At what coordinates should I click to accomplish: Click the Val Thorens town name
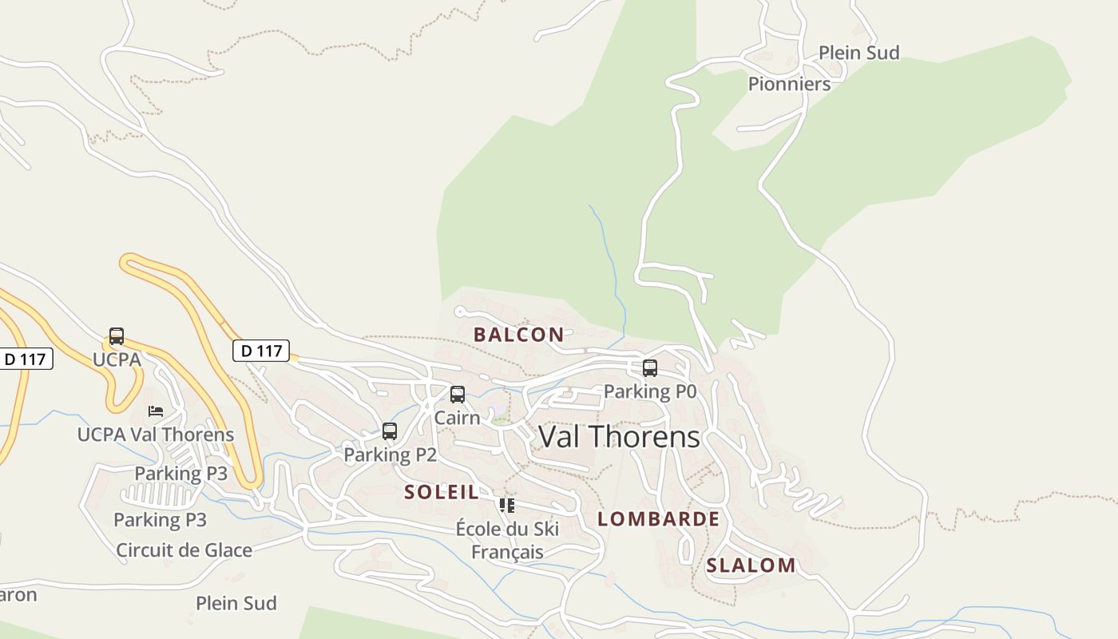click(619, 437)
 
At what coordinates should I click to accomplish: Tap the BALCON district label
click(518, 335)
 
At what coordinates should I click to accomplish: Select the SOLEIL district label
click(441, 492)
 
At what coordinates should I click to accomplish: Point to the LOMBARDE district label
click(658, 519)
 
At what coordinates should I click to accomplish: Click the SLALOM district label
click(751, 566)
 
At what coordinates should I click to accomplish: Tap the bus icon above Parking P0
click(650, 368)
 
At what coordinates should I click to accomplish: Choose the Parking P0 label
click(650, 391)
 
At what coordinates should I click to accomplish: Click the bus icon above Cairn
click(458, 395)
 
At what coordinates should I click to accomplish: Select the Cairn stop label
click(458, 418)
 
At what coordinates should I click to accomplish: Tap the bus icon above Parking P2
click(390, 431)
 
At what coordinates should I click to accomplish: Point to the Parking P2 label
click(390, 454)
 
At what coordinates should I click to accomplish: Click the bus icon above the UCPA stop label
click(117, 336)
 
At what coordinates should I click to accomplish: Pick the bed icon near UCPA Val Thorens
click(156, 411)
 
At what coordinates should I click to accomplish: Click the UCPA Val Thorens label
click(156, 435)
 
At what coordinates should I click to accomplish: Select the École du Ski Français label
click(507, 540)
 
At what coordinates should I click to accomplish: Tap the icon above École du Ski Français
click(507, 506)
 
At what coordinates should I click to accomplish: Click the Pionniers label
click(789, 84)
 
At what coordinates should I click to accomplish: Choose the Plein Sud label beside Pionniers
click(858, 53)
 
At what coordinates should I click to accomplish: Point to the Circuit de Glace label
click(184, 550)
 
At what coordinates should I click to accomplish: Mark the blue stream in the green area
click(611, 256)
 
